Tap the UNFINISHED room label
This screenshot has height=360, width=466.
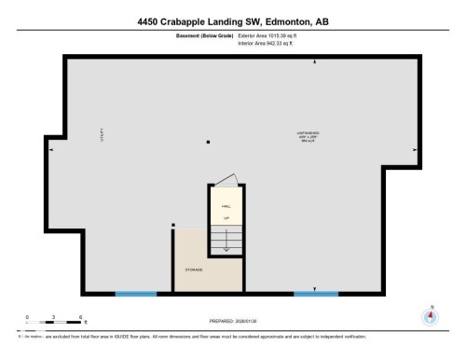(308, 133)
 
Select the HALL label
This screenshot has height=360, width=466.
(226, 206)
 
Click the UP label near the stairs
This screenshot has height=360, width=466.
(226, 218)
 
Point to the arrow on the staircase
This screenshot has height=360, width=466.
(226, 245)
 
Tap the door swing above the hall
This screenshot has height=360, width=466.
(226, 180)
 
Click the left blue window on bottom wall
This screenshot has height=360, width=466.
(135, 294)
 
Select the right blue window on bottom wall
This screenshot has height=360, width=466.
(316, 294)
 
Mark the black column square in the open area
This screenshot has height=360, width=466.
(209, 142)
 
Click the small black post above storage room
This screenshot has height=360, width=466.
(173, 224)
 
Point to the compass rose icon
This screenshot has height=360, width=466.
(430, 316)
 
